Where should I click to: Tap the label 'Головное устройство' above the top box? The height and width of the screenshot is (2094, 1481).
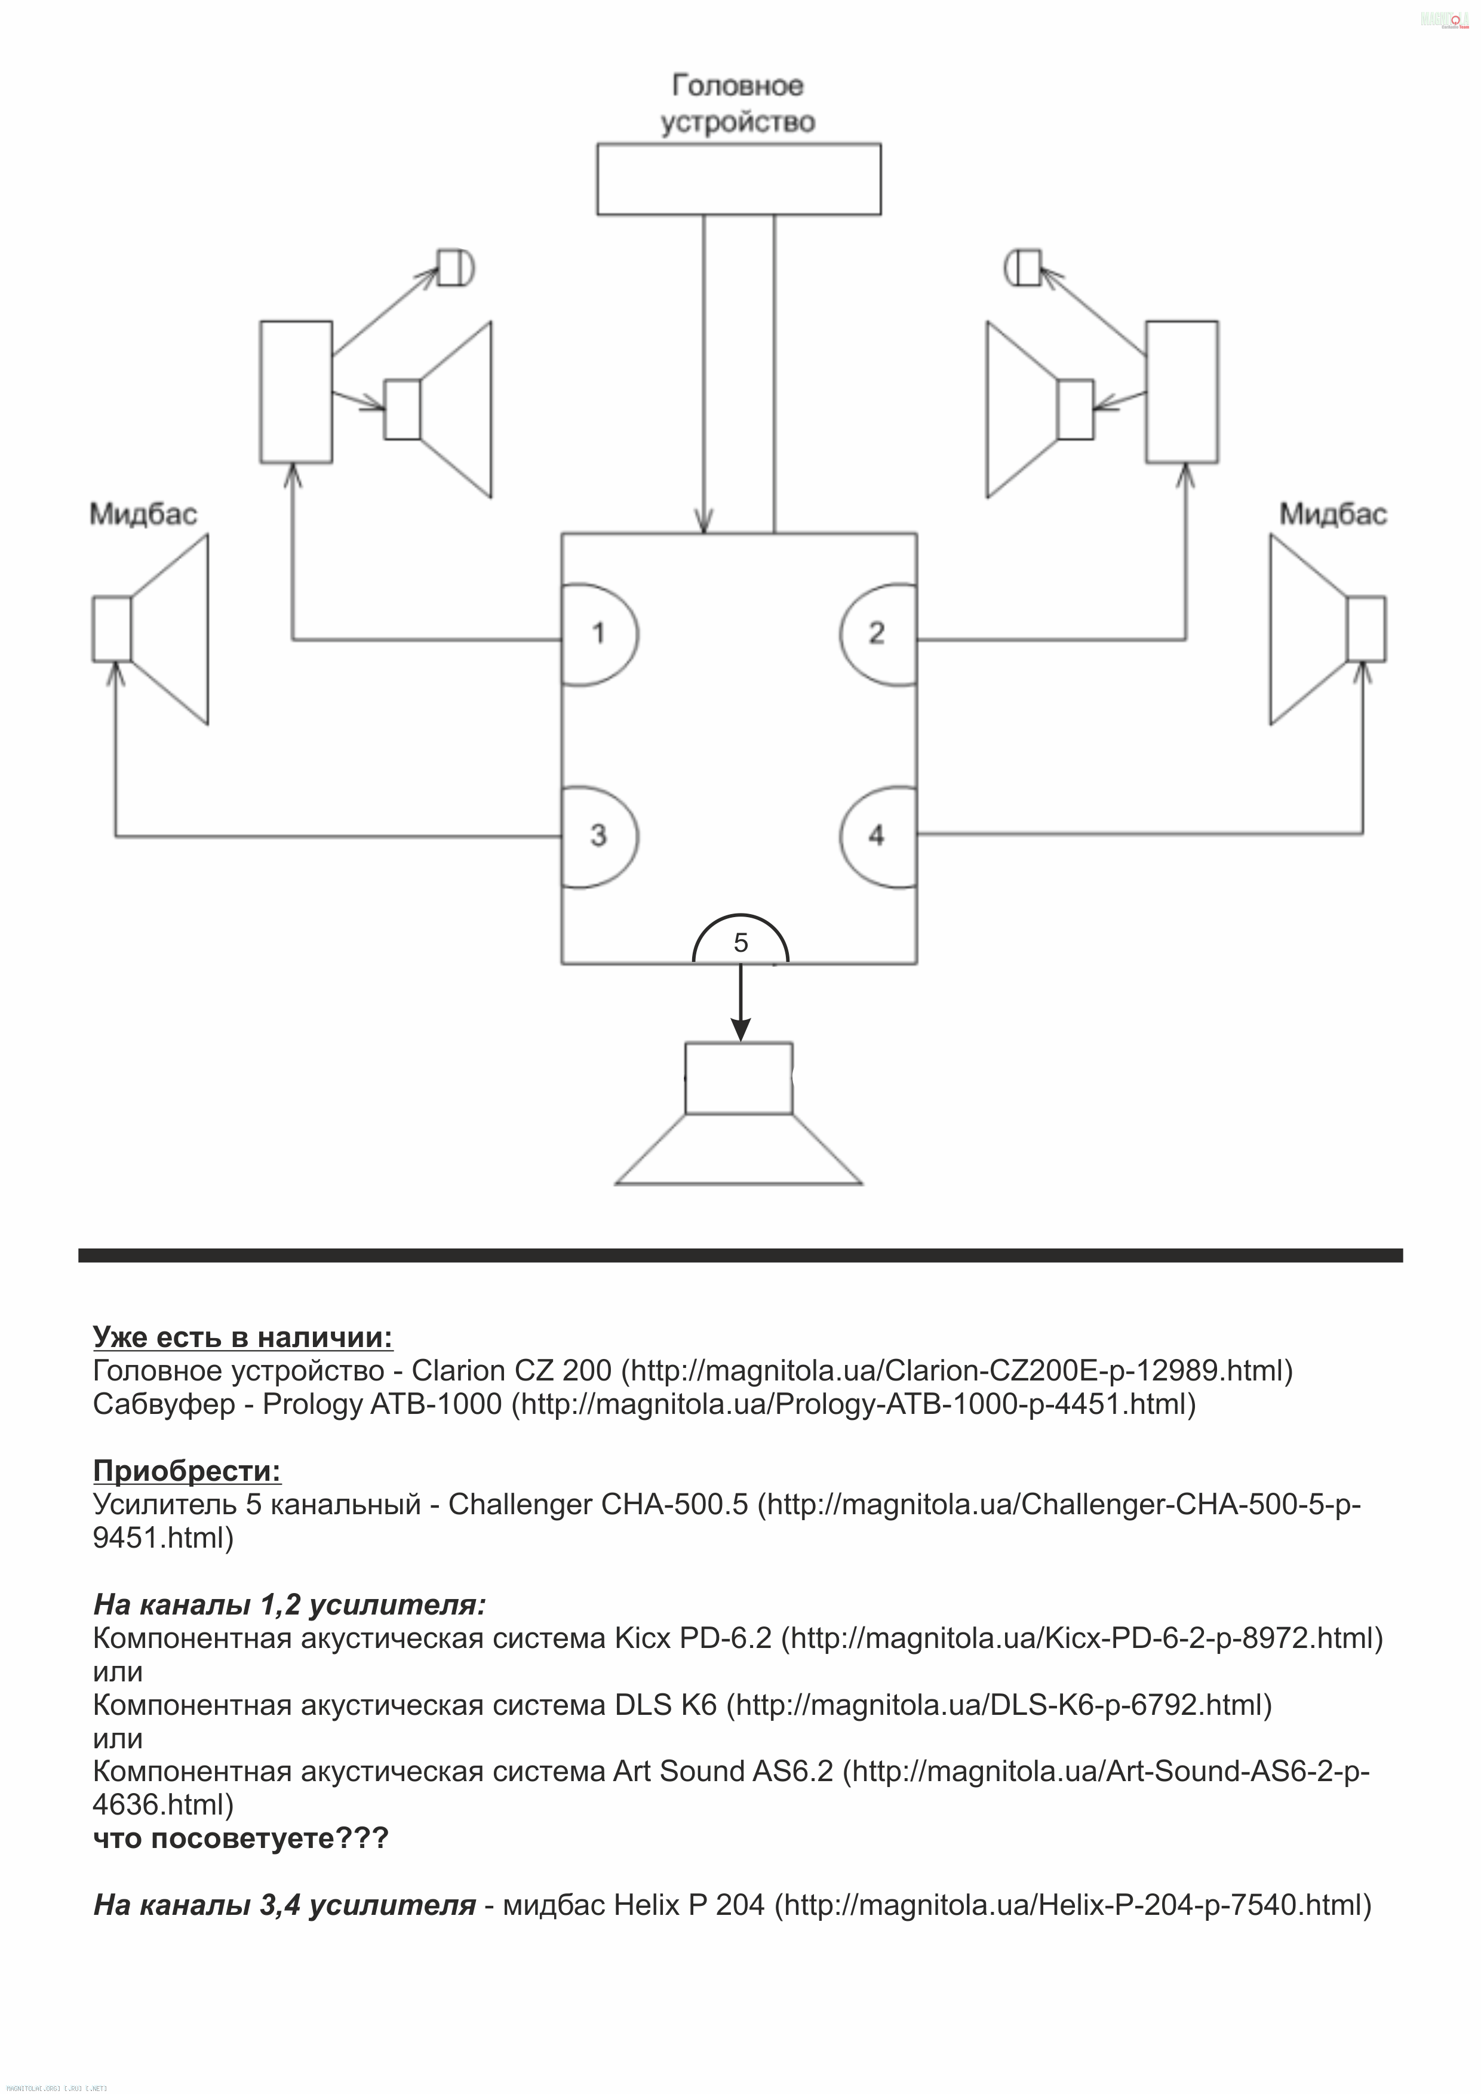point(738,103)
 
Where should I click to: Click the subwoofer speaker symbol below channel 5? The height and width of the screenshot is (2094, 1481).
point(739,1114)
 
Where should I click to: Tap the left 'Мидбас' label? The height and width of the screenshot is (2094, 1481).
point(143,514)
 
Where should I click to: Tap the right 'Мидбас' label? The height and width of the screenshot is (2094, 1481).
point(1333,514)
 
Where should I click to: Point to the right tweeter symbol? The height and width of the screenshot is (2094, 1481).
point(1022,267)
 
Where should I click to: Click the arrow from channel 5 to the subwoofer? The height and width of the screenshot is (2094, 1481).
point(740,1003)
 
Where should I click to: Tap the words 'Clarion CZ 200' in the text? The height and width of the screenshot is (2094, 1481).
point(512,1371)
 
